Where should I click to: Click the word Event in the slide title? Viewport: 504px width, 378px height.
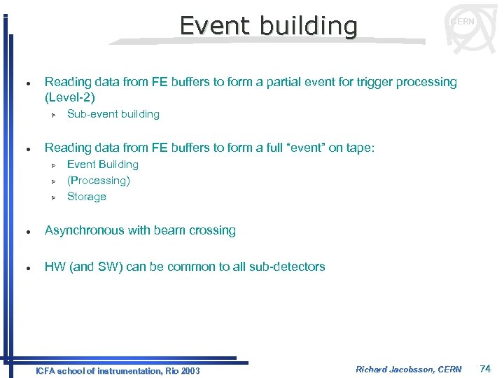[216, 26]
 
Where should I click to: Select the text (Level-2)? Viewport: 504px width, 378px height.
[70, 97]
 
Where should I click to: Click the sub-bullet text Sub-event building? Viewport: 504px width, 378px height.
[113, 114]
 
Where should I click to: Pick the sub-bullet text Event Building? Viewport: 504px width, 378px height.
[102, 164]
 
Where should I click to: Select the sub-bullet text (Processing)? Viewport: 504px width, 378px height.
[99, 181]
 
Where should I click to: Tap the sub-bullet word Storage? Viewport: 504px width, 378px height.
[86, 197]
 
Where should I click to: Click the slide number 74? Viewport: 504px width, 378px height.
[486, 369]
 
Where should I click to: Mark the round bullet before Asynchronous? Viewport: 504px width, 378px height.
[26, 231]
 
